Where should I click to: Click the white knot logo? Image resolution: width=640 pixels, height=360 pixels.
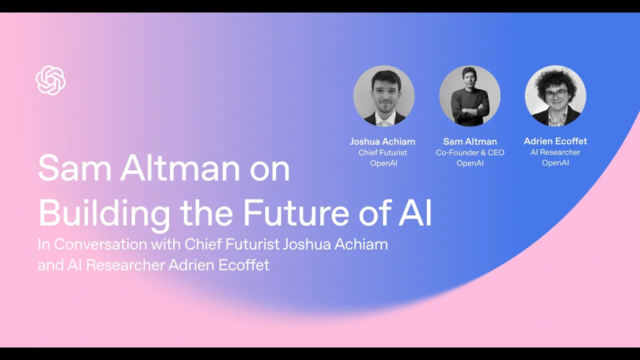[50, 80]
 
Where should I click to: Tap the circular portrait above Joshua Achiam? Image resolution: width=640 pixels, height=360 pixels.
[383, 96]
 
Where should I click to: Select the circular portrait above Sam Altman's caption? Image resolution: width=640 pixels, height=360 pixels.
[469, 96]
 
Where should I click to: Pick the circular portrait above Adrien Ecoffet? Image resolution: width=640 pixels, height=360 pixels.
[555, 96]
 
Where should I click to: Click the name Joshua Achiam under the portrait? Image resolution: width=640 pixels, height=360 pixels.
[382, 141]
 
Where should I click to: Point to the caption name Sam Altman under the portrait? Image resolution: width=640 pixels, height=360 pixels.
[470, 141]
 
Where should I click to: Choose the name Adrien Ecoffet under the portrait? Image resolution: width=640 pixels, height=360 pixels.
[555, 141]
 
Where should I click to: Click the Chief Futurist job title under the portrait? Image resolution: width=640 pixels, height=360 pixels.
[383, 152]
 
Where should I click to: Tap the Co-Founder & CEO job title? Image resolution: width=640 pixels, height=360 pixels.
[470, 152]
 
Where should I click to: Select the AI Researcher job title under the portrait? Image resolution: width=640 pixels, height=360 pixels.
[555, 152]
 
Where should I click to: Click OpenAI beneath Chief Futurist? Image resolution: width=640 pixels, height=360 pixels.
[383, 163]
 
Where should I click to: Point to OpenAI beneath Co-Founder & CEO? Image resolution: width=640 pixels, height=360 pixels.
[470, 163]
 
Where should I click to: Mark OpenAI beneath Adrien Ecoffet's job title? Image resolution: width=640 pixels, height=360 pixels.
[555, 162]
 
